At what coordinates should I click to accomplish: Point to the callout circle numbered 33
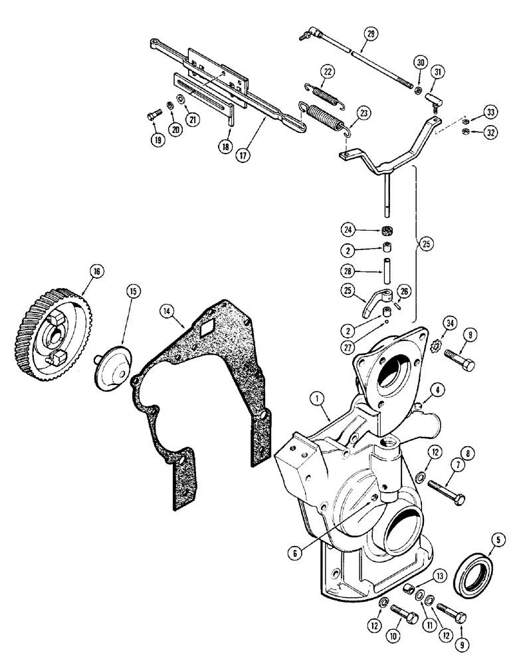click(x=490, y=111)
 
